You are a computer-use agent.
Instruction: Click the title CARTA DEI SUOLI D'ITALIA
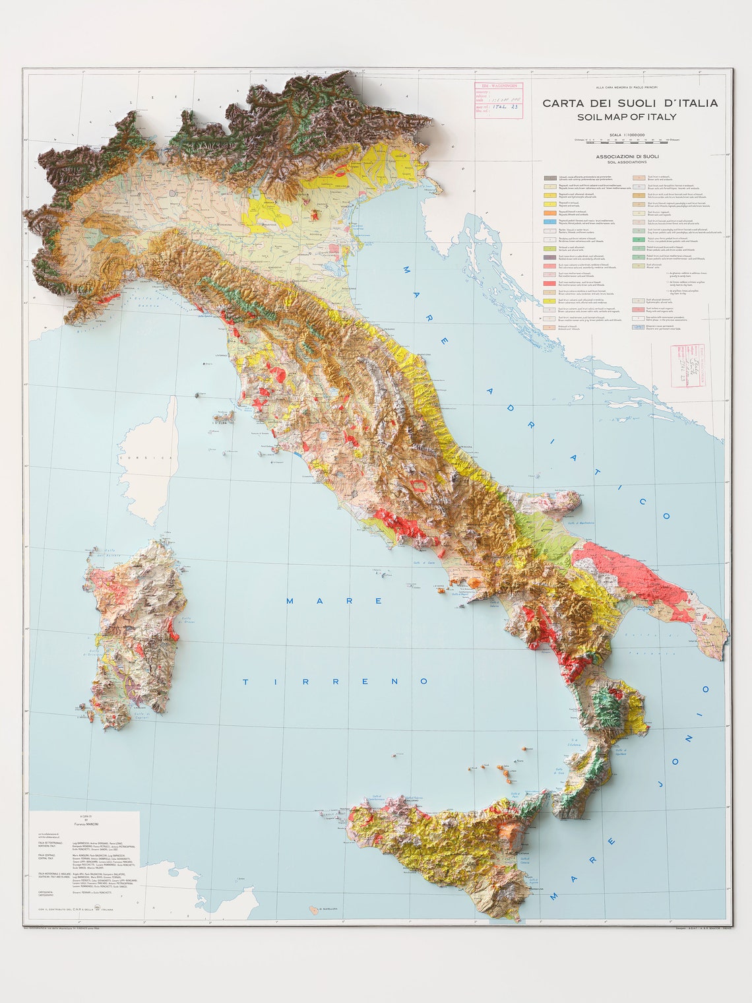[x=630, y=103]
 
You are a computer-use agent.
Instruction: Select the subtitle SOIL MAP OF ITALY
[x=626, y=117]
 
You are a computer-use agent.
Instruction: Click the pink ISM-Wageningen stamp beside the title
[x=497, y=100]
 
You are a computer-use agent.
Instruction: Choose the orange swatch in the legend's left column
[x=549, y=213]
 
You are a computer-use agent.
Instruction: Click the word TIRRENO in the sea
[x=336, y=681]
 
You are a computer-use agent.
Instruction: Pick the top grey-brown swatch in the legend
[x=549, y=178]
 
